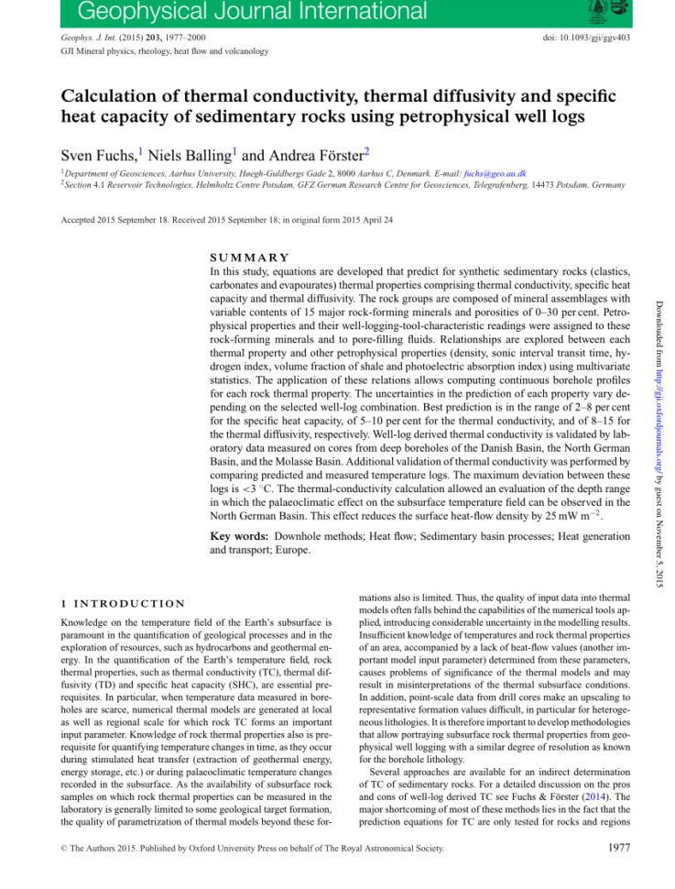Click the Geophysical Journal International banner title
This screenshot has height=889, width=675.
[239, 12]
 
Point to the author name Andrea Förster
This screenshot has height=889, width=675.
[307, 152]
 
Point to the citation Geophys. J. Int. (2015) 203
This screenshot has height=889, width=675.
[127, 38]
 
